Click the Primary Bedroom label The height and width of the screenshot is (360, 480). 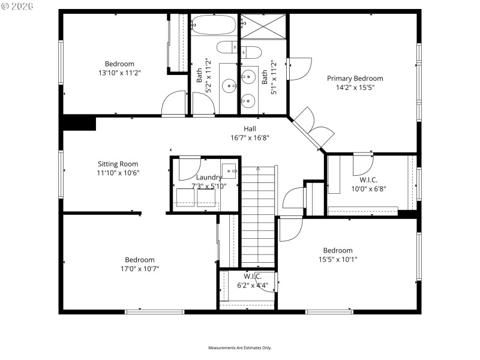[x=355, y=78]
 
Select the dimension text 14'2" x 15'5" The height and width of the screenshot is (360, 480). [x=355, y=87]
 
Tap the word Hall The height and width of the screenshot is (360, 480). [x=250, y=128]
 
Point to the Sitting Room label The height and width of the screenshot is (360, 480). [x=118, y=164]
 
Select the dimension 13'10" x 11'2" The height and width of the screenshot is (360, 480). [x=119, y=73]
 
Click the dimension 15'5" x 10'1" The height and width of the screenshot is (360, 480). [x=338, y=259]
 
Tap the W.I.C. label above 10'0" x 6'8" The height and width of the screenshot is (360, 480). [x=368, y=179]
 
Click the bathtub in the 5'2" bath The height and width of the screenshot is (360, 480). [x=214, y=25]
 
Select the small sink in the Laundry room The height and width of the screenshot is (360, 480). [x=229, y=168]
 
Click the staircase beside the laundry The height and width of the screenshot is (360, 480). [x=257, y=216]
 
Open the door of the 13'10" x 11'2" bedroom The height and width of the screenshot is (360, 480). [x=175, y=103]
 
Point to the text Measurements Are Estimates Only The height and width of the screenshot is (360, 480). [x=240, y=348]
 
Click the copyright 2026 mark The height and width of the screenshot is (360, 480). [x=18, y=5]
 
